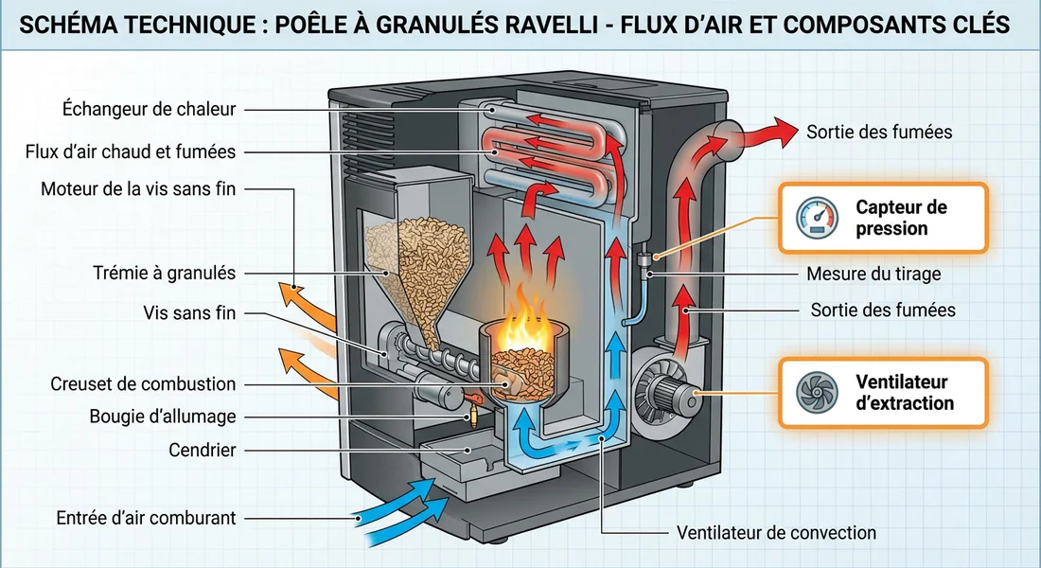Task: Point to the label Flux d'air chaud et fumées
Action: pyautogui.click(x=131, y=151)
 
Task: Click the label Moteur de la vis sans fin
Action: pyautogui.click(x=137, y=189)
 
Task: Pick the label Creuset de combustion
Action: pyautogui.click(x=143, y=384)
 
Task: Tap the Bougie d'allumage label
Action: pyautogui.click(x=162, y=417)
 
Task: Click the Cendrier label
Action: pyautogui.click(x=202, y=450)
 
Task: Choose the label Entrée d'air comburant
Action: pyautogui.click(x=146, y=518)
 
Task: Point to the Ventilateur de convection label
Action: pyautogui.click(x=776, y=533)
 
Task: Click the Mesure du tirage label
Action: pyautogui.click(x=873, y=275)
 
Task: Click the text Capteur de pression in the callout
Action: pyautogui.click(x=901, y=218)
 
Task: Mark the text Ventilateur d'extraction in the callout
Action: pyautogui.click(x=905, y=393)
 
